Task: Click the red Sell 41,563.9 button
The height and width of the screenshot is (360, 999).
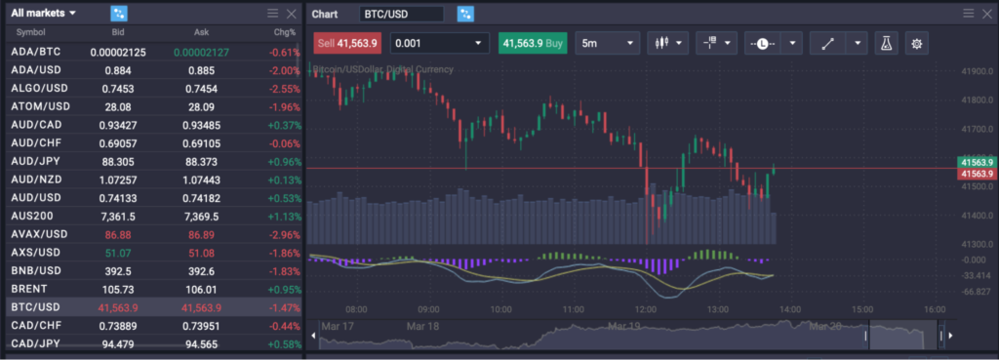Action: [346, 43]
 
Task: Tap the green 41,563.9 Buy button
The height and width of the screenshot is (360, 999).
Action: [532, 43]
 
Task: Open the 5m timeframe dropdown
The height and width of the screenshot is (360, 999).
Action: [607, 43]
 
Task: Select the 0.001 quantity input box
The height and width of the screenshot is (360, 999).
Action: [439, 43]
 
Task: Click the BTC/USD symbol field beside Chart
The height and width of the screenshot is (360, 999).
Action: [401, 14]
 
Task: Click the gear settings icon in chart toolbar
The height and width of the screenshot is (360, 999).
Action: [916, 43]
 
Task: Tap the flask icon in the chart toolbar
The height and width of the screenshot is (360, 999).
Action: [886, 43]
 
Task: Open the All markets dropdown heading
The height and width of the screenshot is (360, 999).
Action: [45, 14]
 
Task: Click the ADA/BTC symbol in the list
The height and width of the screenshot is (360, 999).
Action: [35, 52]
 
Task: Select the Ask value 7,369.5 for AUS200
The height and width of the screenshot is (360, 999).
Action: [201, 216]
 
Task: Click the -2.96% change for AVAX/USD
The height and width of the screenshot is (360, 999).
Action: [284, 234]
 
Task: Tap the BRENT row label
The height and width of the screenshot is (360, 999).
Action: [28, 289]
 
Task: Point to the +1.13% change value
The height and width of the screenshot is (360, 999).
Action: [284, 216]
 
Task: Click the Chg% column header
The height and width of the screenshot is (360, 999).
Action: [284, 32]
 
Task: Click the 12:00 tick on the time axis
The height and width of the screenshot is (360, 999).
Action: [645, 308]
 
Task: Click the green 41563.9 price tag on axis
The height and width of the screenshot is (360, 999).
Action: [977, 162]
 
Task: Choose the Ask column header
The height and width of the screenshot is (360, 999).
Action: [201, 32]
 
